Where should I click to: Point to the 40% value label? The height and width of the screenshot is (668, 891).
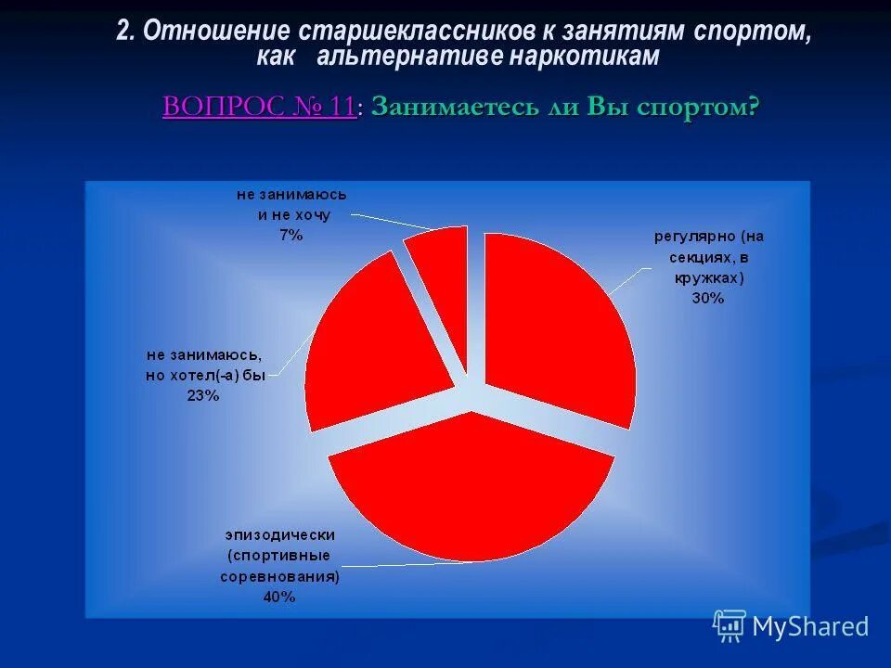[x=278, y=597]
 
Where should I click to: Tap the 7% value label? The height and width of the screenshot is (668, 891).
[x=291, y=236]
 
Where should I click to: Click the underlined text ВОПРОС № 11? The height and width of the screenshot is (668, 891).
[x=259, y=107]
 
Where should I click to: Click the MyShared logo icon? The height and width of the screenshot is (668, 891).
[x=730, y=626]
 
